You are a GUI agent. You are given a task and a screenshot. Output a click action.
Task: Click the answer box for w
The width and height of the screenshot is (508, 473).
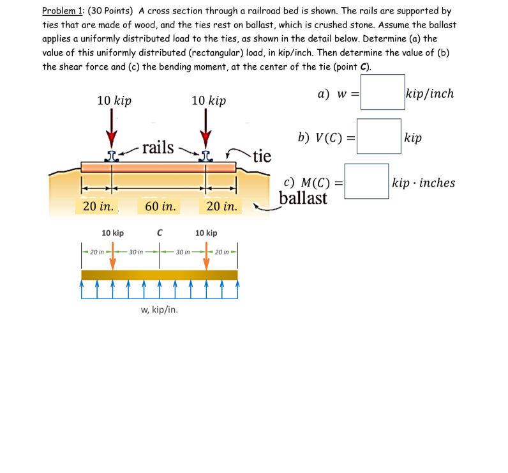click(x=382, y=93)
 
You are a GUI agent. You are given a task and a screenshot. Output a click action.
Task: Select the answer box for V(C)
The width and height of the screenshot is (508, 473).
click(x=378, y=137)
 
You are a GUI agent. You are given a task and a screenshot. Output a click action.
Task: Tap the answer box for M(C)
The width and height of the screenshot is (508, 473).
click(x=366, y=182)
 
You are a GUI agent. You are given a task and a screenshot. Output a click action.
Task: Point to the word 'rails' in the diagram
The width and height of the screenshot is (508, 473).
click(x=158, y=147)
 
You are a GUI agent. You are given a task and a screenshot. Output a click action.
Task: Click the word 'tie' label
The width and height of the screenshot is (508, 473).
click(x=262, y=156)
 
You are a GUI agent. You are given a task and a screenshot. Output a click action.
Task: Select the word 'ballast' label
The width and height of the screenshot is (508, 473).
click(x=303, y=198)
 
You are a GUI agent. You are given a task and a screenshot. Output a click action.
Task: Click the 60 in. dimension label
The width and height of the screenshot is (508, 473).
click(x=160, y=206)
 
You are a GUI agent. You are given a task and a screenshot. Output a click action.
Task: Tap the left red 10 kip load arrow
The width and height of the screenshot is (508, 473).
click(x=112, y=128)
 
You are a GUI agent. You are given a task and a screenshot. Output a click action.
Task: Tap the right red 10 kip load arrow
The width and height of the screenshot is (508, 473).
click(x=205, y=128)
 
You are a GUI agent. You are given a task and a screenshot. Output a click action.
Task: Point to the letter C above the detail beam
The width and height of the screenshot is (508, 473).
click(x=160, y=233)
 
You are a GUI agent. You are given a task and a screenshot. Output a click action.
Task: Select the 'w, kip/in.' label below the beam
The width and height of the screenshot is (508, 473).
click(x=159, y=310)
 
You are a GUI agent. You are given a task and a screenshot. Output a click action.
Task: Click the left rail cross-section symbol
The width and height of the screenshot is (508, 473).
click(x=112, y=155)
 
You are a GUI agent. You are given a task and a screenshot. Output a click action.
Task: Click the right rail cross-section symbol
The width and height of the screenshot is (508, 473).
click(x=205, y=155)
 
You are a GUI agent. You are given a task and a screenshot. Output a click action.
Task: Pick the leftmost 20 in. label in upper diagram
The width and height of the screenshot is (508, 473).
click(x=98, y=206)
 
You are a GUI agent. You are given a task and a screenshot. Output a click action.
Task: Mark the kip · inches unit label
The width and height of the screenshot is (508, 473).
click(x=424, y=183)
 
